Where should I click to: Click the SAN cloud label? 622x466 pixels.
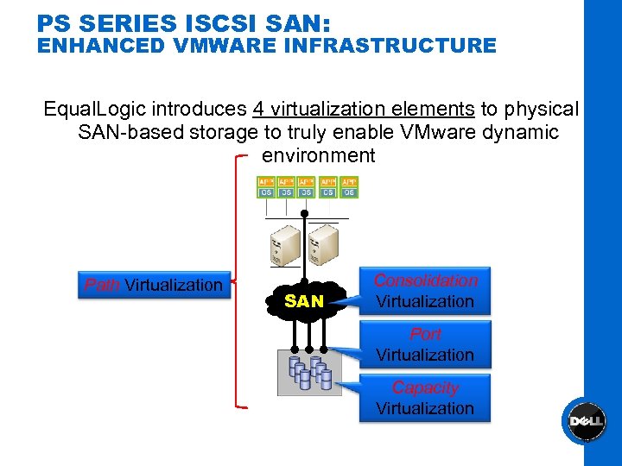304,301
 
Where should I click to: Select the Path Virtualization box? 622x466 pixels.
153,286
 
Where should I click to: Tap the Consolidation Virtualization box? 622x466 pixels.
424,291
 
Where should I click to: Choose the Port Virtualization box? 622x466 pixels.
424,344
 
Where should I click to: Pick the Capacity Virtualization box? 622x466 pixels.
424,398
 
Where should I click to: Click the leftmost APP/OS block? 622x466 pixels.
266,187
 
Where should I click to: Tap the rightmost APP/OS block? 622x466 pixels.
348,187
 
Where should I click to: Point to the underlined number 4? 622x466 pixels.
258,110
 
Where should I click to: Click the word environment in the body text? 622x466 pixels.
318,155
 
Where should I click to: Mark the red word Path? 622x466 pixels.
102,286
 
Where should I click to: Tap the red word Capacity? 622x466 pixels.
424,387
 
